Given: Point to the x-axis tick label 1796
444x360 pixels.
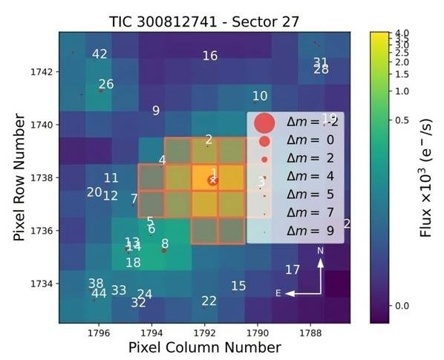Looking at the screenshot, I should click(99, 333).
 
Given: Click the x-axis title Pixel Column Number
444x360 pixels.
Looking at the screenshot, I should click(205, 347).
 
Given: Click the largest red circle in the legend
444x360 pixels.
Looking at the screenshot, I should click(264, 122).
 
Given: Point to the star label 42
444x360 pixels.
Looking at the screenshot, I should click(99, 54).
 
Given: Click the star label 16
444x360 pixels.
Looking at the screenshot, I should click(210, 56).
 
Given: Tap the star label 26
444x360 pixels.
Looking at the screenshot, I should click(106, 85).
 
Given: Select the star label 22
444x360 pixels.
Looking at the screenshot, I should click(209, 301).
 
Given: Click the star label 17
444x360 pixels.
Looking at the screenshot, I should click(293, 269).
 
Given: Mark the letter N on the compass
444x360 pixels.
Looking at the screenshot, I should click(321, 251).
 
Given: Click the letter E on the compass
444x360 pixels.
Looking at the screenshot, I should click(278, 293).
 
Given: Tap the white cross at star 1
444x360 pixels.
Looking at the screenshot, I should click(212, 180).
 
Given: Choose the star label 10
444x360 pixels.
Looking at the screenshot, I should click(260, 96).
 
